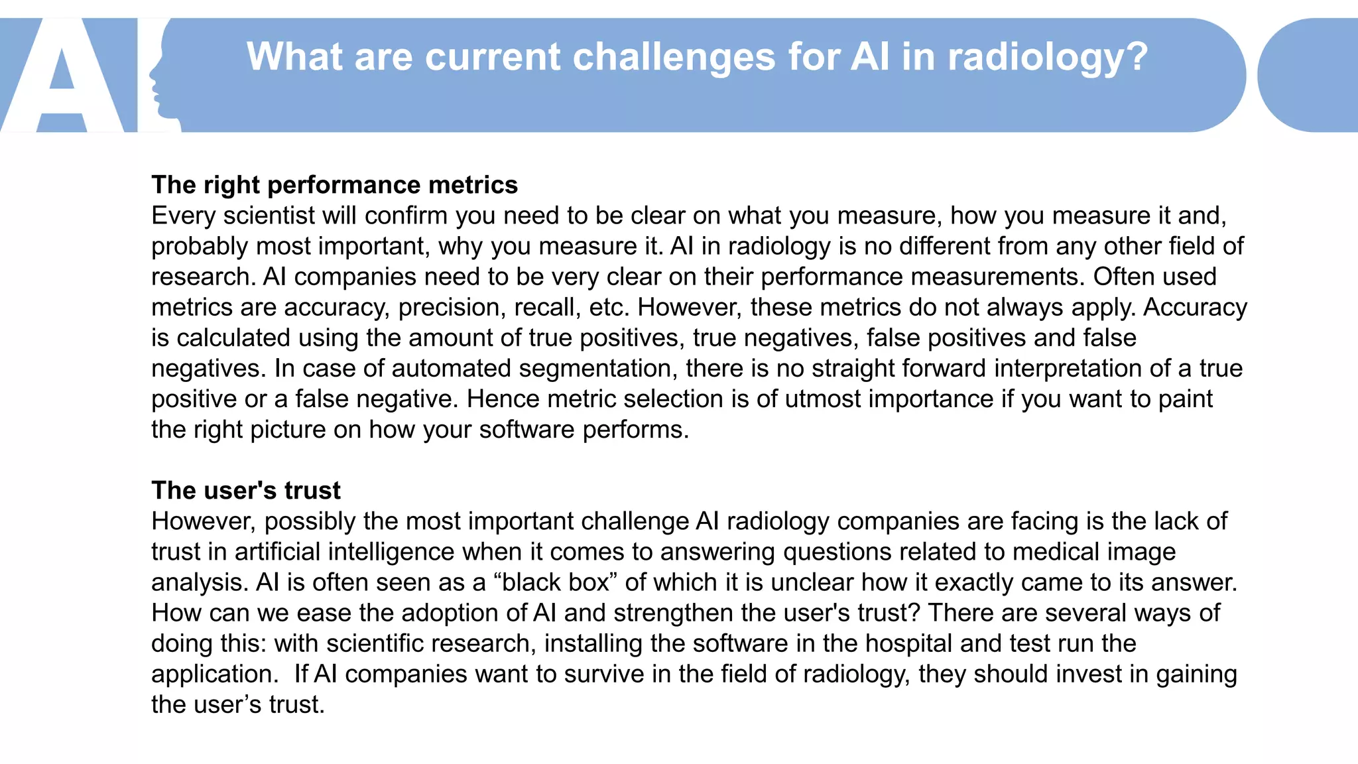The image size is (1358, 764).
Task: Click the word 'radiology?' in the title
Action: click(1047, 57)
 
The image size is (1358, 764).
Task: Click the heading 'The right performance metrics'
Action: click(334, 185)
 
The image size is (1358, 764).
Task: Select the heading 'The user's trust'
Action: click(245, 491)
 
